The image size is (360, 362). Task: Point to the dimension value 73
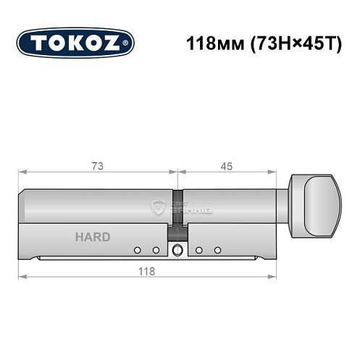coord(97,166)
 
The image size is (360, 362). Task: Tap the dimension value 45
coord(227,166)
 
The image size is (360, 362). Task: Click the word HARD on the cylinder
coord(92,237)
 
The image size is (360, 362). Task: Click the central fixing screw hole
coord(177,251)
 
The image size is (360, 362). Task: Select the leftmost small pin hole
coord(136,251)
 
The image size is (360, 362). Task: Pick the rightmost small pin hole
coord(217,251)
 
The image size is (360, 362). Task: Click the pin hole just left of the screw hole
coord(155,251)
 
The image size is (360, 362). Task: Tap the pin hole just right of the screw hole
coord(198,251)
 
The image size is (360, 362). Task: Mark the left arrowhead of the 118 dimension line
coord(21,277)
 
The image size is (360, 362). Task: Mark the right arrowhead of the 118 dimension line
coord(275,277)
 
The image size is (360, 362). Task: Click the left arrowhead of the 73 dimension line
coord(21,173)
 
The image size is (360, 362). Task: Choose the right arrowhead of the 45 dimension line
coord(275,173)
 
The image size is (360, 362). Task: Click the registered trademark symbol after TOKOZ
coord(129,43)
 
